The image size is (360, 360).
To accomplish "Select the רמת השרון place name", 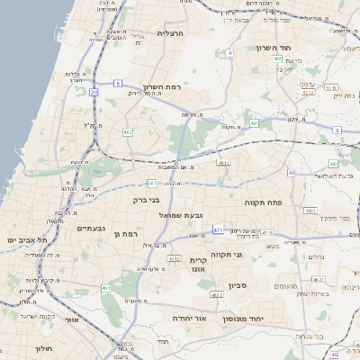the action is (x=163, y=86).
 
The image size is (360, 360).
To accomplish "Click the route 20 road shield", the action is (x=94, y=92).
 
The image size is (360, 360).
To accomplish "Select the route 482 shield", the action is (x=128, y=132).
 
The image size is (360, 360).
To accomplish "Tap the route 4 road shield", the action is (x=229, y=53).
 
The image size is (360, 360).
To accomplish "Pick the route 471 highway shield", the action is (x=218, y=230).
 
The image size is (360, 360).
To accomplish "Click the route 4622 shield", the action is (x=216, y=294).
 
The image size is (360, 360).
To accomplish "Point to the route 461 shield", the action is (x=106, y=288).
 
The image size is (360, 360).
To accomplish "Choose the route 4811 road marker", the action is (x=223, y=163).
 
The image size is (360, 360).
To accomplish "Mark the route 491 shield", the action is (x=255, y=123).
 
